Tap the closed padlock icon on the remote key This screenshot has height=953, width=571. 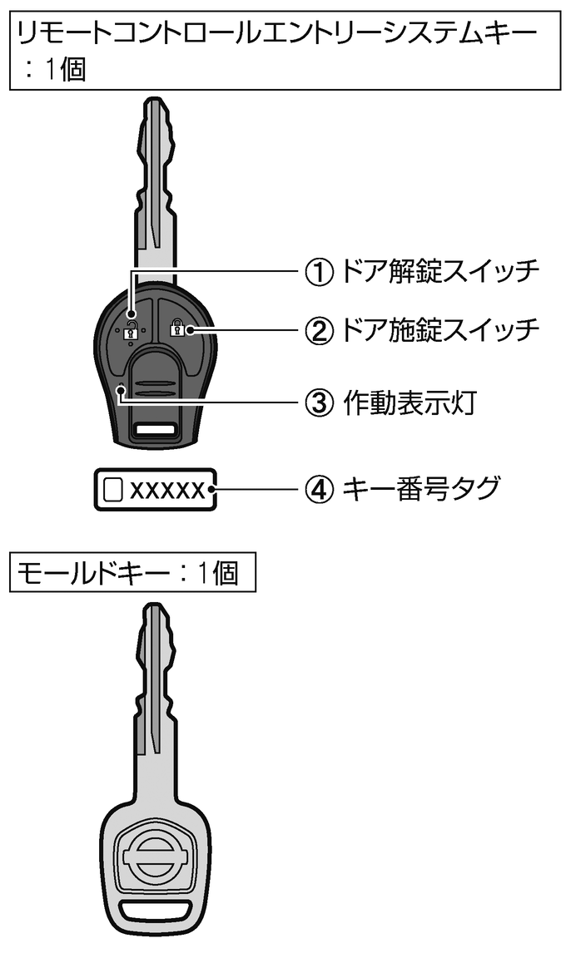pyautogui.click(x=176, y=328)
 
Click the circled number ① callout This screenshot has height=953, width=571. pyautogui.click(x=319, y=272)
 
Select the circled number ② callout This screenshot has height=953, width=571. pyautogui.click(x=319, y=330)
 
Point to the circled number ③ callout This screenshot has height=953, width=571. pyautogui.click(x=319, y=402)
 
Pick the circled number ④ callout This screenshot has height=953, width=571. pyautogui.click(x=319, y=489)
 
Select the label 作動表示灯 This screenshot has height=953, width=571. pyautogui.click(x=410, y=402)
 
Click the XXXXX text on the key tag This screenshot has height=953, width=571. pyautogui.click(x=168, y=490)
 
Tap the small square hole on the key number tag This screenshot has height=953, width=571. pyautogui.click(x=113, y=489)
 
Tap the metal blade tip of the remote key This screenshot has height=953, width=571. pyautogui.click(x=155, y=102)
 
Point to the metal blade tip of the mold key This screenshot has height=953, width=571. pyautogui.click(x=155, y=609)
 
